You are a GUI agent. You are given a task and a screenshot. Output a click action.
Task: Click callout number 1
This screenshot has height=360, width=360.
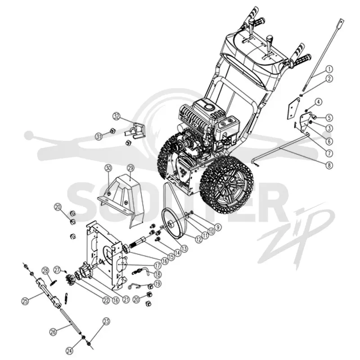(329, 69)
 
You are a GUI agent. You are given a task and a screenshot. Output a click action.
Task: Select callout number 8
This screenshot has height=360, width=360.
(329, 165)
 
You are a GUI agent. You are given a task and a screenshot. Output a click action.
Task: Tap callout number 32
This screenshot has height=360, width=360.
(117, 117)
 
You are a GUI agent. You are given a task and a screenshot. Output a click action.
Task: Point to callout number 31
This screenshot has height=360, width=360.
(99, 137)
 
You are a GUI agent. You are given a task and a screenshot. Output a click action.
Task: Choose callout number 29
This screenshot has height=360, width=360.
(130, 169)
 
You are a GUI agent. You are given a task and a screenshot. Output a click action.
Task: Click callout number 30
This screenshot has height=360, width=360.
(108, 168)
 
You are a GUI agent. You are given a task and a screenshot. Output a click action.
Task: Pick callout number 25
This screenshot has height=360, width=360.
(25, 301)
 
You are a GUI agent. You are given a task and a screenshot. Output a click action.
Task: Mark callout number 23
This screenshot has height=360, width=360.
(106, 322)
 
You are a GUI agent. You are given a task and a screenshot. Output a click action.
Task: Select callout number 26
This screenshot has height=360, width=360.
(53, 332)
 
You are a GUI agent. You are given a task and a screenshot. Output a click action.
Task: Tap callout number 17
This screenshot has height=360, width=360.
(157, 266)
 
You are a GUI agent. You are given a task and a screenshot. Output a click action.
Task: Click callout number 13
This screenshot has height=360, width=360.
(184, 248)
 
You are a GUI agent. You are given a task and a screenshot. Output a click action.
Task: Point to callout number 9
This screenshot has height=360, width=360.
(218, 227)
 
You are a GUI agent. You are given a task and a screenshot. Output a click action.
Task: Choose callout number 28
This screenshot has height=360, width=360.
(45, 271)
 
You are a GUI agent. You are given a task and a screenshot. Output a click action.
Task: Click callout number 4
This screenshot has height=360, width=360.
(318, 102)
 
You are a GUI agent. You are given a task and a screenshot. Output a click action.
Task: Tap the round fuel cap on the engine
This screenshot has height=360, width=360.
(209, 108)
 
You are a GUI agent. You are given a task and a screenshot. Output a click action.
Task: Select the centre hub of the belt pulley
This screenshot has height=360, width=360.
(171, 223)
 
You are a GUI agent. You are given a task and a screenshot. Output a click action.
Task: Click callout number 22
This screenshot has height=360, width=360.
(106, 301)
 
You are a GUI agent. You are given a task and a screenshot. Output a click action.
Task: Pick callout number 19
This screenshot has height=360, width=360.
(157, 284)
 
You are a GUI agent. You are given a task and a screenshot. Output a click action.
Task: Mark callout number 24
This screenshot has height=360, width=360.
(70, 351)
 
